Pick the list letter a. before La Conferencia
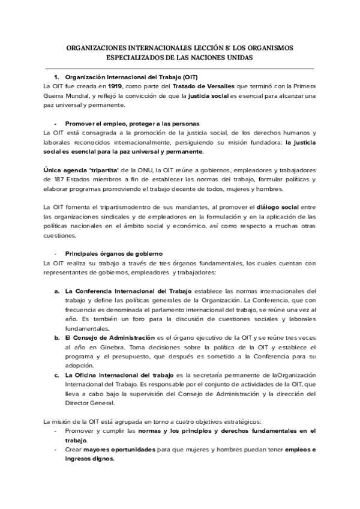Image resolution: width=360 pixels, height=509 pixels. [x=56, y=291]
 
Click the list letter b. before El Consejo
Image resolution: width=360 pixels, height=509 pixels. [x=56, y=338]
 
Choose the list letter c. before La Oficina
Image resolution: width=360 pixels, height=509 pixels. [x=56, y=375]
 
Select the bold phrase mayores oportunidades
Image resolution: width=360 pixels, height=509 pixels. [x=116, y=449]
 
